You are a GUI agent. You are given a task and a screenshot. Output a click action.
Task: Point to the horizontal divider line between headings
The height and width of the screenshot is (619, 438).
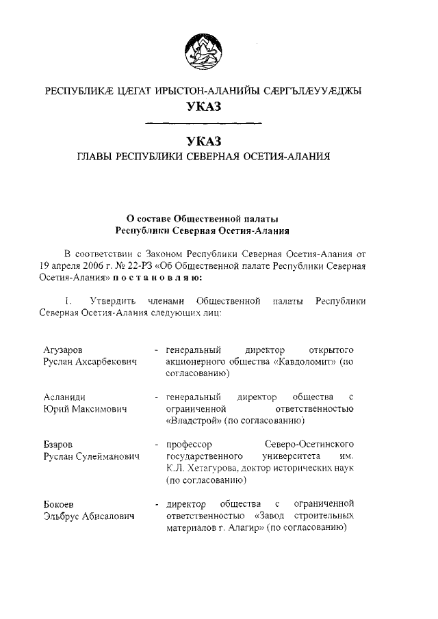[x=204, y=123]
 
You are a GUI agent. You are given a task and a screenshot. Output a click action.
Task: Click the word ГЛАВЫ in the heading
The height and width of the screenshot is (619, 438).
[x=96, y=157]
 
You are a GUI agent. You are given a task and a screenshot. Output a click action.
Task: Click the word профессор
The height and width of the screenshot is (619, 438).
[x=194, y=445]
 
